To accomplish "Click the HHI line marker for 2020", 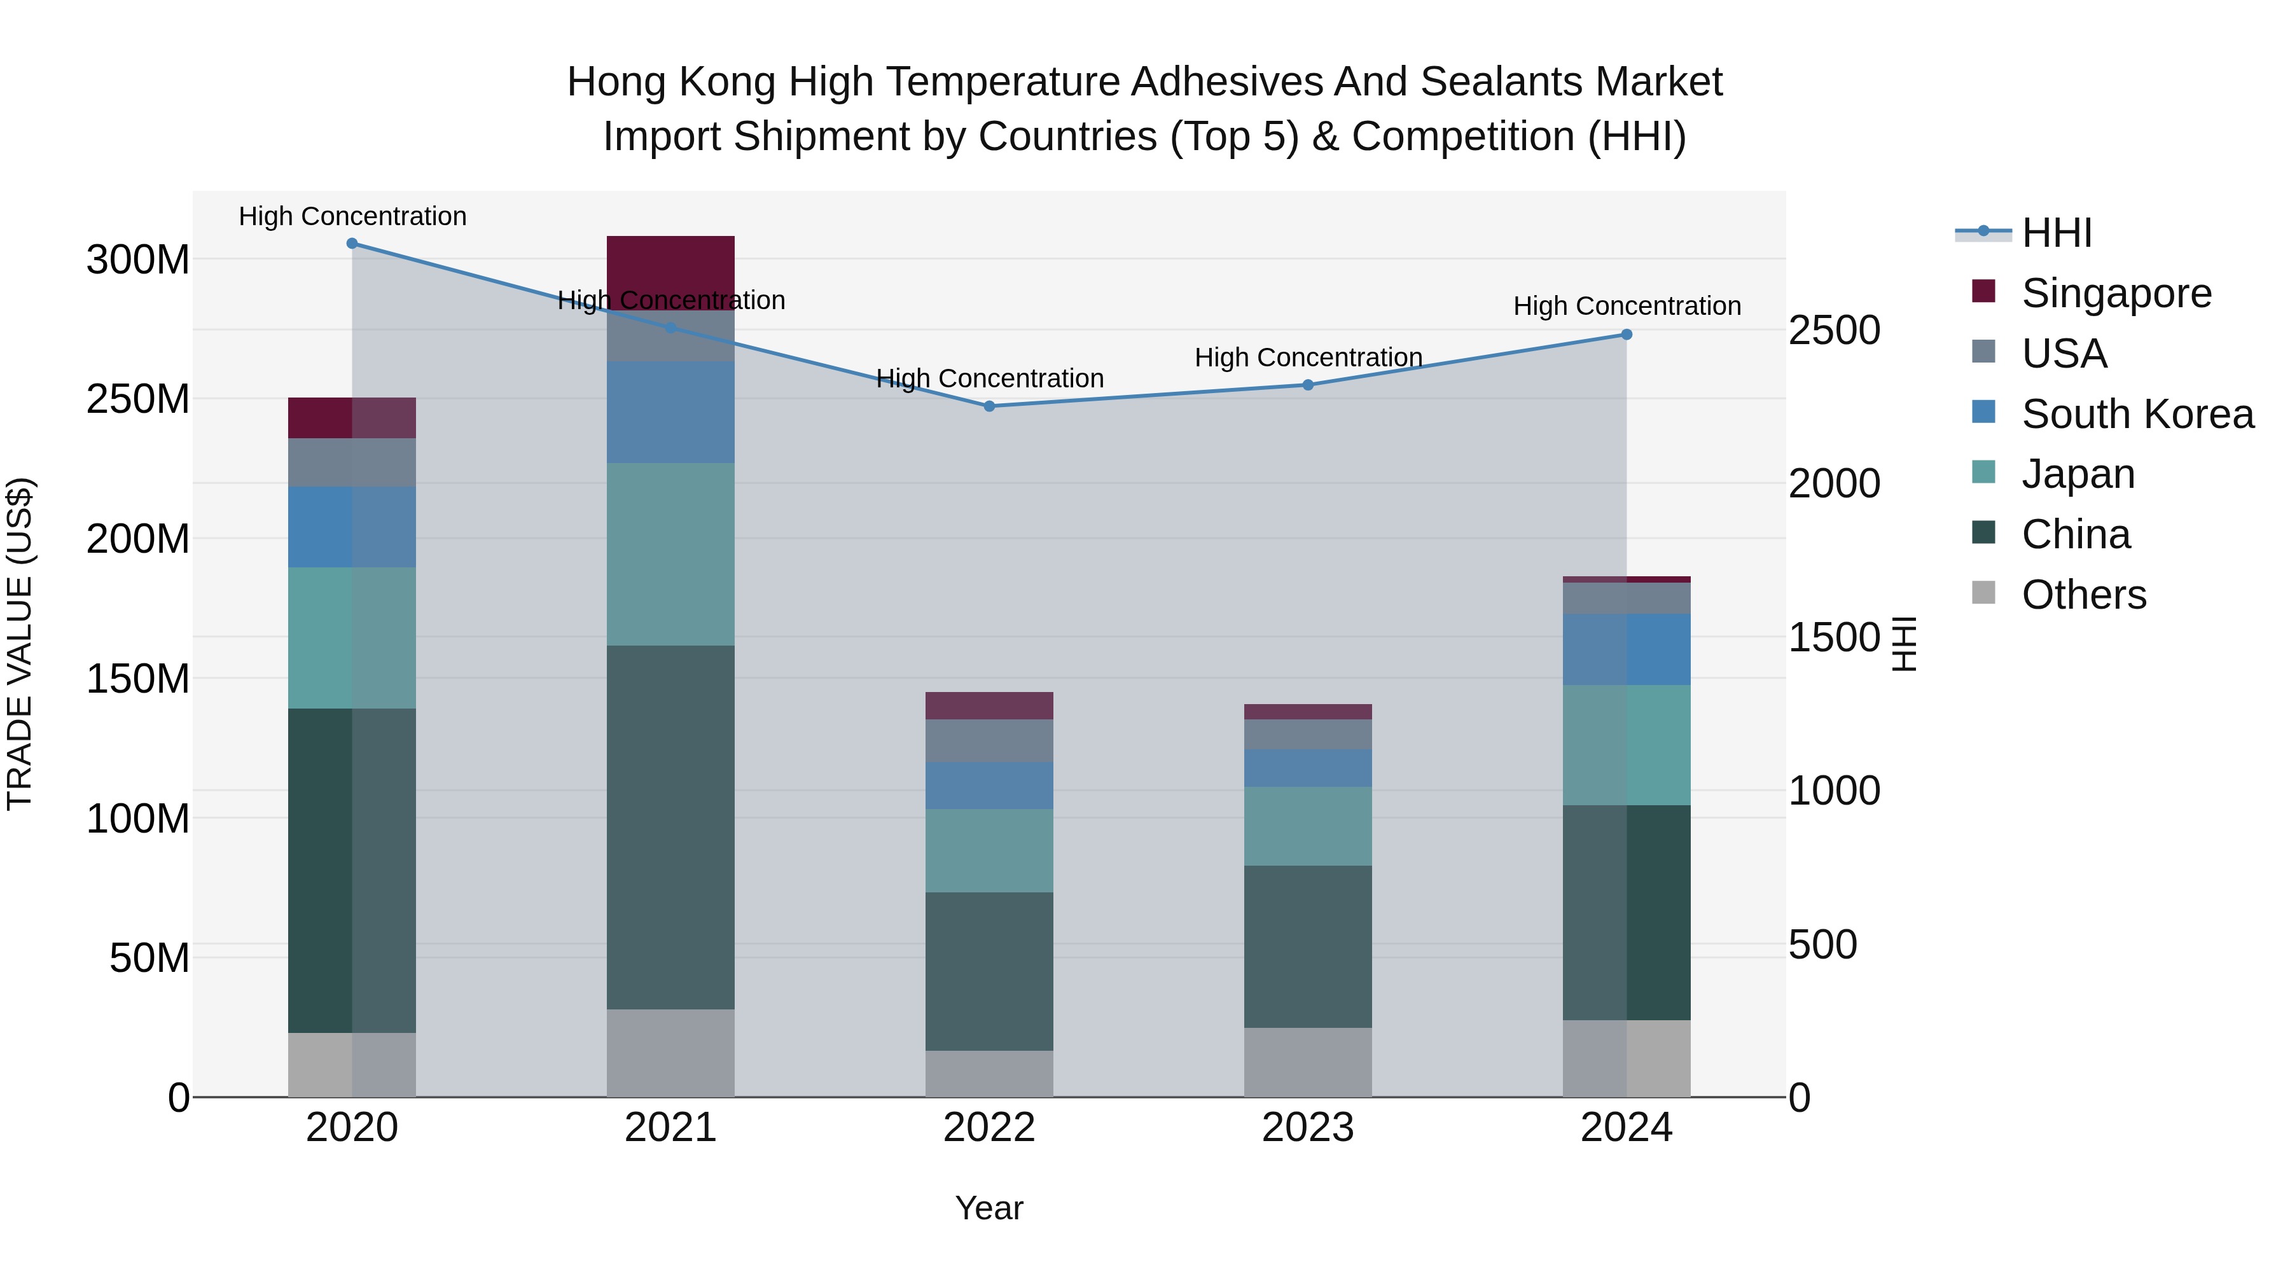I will (x=352, y=244).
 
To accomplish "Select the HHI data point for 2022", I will (x=989, y=406).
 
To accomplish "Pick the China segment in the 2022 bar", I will (x=989, y=971).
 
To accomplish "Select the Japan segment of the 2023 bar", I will (x=1308, y=826).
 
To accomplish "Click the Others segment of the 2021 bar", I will (x=670, y=1053).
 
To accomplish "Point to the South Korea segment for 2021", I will (x=670, y=412).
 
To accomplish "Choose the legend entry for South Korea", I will (x=2137, y=414).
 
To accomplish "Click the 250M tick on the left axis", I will (x=138, y=399).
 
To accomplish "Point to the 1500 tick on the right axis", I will (x=1834, y=637).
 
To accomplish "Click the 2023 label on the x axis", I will (x=1308, y=1128).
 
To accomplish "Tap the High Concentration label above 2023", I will (x=1308, y=357).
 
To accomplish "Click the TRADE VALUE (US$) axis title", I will (x=20, y=644).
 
